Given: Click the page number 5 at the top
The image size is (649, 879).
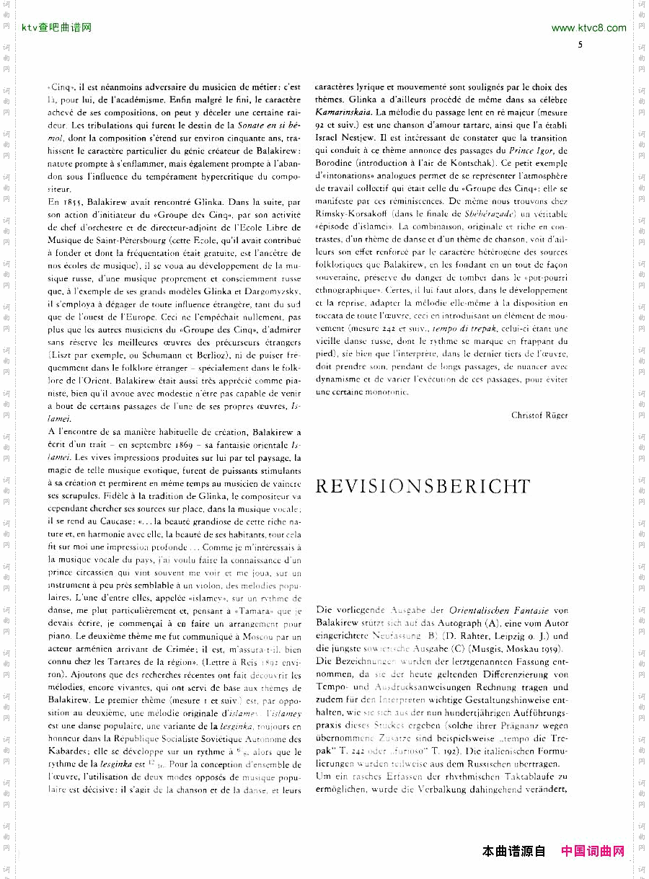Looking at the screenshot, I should coord(580,45).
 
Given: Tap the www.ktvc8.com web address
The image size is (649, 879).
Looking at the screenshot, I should coord(588,28).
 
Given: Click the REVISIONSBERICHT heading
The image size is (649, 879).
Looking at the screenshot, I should coord(423,487).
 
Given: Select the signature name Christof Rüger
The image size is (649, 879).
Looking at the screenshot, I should coord(539,415).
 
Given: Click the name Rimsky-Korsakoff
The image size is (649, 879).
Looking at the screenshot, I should coord(350,214).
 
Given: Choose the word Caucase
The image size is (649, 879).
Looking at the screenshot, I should coord(107,521).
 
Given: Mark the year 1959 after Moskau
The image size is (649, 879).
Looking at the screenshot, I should coord(552,648).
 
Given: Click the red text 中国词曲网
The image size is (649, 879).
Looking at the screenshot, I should coord(593,852).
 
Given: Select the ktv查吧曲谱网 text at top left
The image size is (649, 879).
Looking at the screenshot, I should coord(56,28).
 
